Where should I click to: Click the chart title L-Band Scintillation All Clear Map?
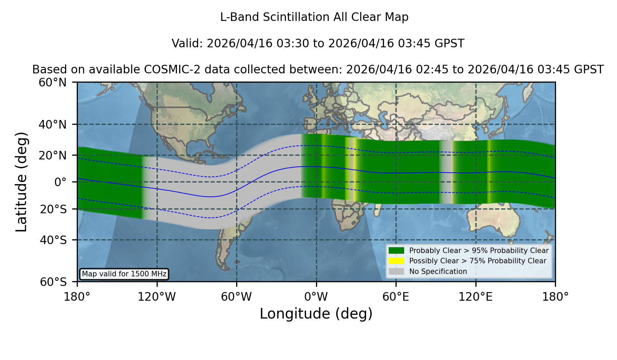[x=314, y=17]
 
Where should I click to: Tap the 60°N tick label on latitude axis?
[x=53, y=83]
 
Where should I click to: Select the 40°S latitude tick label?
[x=53, y=240]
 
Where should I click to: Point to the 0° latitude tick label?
[x=60, y=182]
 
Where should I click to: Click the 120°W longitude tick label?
[x=157, y=297]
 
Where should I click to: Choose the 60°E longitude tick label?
[x=396, y=297]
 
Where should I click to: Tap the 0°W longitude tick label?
[x=316, y=297]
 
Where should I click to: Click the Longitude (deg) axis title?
[x=316, y=314]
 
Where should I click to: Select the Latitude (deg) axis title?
[x=22, y=182]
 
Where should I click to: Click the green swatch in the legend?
[x=397, y=250]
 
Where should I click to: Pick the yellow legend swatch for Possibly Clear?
[x=397, y=261]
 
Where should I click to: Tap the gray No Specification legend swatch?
[x=397, y=272]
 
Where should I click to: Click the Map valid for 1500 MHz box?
[x=124, y=274]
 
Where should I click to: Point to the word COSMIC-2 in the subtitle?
[x=168, y=70]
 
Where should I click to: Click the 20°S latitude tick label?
[x=53, y=209]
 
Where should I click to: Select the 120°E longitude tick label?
[x=475, y=297]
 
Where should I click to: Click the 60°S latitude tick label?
[x=53, y=282]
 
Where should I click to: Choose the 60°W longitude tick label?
[x=237, y=297]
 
